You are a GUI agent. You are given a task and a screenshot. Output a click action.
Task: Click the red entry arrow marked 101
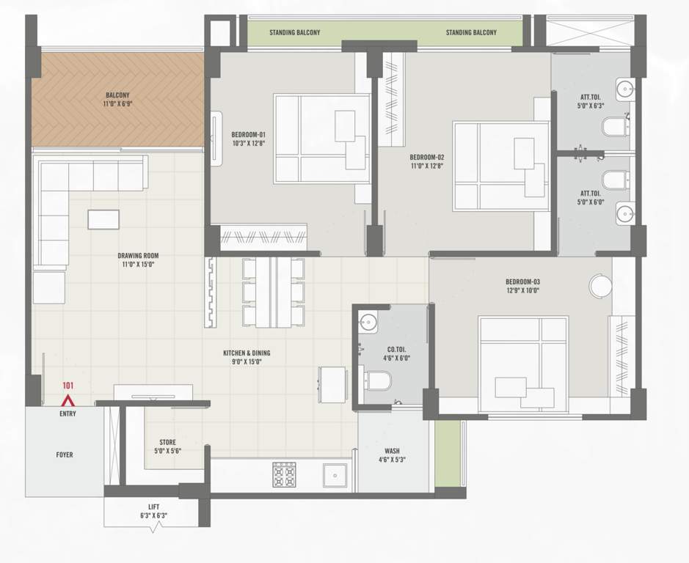[68, 400]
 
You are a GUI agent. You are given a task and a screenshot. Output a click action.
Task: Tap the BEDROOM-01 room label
[248, 134]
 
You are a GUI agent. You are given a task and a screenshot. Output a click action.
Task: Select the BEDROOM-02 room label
[426, 157]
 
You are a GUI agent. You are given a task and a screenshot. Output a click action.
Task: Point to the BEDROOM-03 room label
[522, 282]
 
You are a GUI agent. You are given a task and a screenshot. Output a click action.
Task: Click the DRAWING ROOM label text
[138, 256]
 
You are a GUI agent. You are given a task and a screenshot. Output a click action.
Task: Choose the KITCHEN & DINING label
[242, 353]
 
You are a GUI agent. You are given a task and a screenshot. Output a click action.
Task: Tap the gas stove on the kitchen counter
[284, 475]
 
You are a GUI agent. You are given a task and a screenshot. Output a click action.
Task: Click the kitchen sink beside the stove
[334, 475]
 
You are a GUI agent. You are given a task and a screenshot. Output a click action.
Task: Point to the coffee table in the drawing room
[103, 219]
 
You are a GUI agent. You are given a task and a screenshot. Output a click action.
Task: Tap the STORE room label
[167, 442]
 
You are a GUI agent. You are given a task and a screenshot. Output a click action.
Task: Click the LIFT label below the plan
[153, 507]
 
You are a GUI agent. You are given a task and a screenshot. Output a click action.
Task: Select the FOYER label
[65, 455]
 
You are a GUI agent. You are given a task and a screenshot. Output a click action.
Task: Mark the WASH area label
[392, 451]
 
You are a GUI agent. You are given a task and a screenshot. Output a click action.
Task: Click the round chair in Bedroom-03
[599, 286]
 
